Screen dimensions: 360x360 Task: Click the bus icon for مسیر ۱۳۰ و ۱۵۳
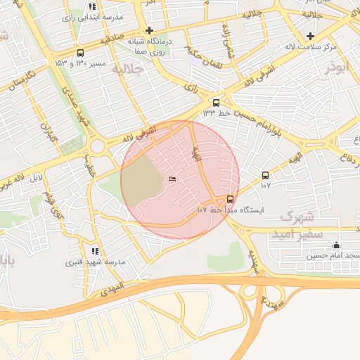(80, 53)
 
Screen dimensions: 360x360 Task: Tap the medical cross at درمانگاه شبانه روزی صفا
(148, 30)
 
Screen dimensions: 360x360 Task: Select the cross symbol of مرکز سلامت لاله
(310, 36)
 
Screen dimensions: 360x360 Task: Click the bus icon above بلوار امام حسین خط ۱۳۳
(216, 102)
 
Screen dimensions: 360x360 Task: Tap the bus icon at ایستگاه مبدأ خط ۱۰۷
(231, 199)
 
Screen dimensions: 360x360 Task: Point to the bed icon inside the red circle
(173, 180)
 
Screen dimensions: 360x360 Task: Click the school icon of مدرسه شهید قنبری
(95, 251)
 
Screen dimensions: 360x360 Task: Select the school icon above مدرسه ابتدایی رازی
(92, 6)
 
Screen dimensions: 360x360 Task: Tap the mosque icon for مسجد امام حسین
(336, 245)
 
